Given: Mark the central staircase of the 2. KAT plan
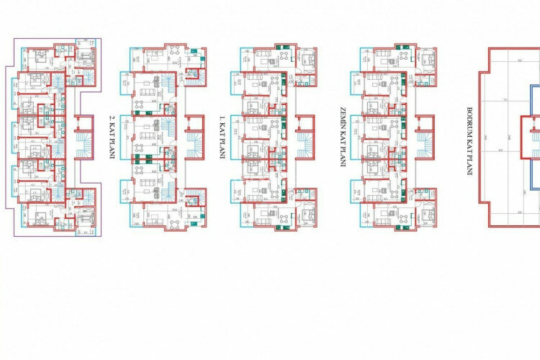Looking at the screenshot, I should tap(195, 137).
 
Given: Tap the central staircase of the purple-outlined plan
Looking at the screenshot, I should tap(84, 137).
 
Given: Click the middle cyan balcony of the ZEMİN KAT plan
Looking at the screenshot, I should tap(356, 137).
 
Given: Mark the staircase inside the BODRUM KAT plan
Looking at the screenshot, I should tap(534, 137).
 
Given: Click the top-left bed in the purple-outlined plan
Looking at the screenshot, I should tap(39, 55).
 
